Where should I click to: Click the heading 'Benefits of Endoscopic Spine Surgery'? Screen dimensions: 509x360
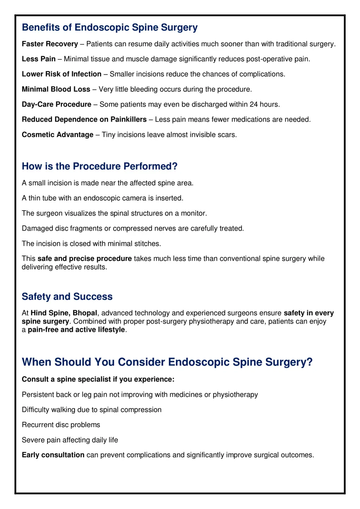(x=109, y=27)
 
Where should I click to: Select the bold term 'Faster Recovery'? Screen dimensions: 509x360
(x=50, y=44)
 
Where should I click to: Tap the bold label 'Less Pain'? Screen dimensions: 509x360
(x=39, y=59)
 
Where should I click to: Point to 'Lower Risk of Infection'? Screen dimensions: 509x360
(x=62, y=74)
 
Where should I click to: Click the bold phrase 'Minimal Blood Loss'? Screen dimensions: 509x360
(x=56, y=89)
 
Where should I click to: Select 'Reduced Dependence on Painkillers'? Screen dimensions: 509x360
(x=84, y=119)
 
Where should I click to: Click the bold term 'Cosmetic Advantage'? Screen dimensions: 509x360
(x=58, y=135)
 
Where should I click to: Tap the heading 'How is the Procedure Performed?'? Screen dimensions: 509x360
(x=99, y=166)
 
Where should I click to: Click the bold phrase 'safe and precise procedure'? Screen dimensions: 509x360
(x=84, y=259)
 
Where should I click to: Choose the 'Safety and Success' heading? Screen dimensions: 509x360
(x=67, y=296)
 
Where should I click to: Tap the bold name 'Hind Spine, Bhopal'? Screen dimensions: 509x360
(x=64, y=313)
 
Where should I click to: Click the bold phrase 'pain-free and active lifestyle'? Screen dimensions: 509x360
(x=76, y=329)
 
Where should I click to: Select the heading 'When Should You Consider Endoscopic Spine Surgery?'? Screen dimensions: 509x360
(x=167, y=362)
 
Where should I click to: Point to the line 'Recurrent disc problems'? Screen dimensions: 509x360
(x=61, y=425)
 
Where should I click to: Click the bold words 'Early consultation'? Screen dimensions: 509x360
(x=53, y=455)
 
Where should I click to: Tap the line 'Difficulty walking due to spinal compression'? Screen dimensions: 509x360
(x=91, y=410)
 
